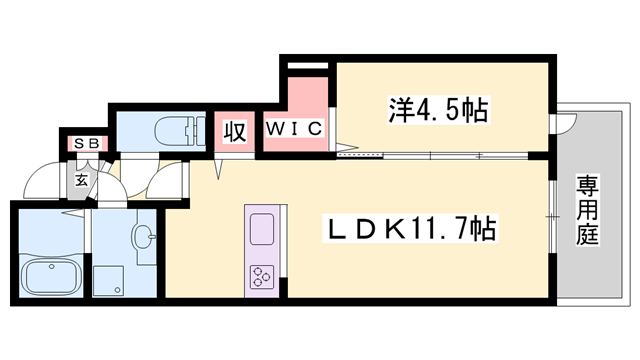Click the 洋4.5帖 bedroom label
(438, 109)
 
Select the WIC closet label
(294, 128)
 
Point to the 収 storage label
(236, 131)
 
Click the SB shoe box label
(85, 144)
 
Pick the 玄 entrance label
(80, 182)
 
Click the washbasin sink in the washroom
(143, 237)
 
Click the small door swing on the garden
(566, 127)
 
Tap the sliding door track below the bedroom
(440, 155)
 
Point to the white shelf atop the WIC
(307, 67)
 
